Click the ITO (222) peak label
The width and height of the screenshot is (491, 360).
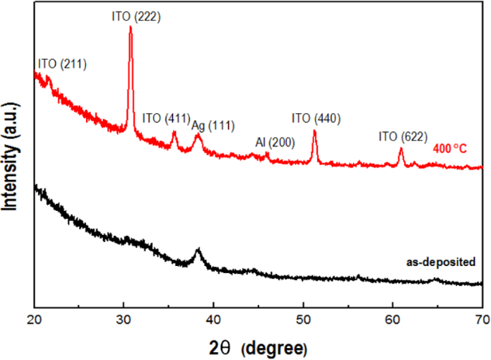(136, 15)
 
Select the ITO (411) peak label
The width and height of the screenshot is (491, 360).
(165, 119)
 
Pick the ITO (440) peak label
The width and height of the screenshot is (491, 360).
(316, 119)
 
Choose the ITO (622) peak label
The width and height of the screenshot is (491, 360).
(403, 137)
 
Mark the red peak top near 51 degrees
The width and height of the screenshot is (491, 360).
(315, 131)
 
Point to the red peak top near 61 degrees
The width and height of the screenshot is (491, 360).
(401, 150)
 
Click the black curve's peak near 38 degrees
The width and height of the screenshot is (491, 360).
(198, 250)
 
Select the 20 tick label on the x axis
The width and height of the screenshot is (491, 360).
(34, 319)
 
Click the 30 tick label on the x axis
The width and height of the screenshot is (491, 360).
(124, 319)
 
